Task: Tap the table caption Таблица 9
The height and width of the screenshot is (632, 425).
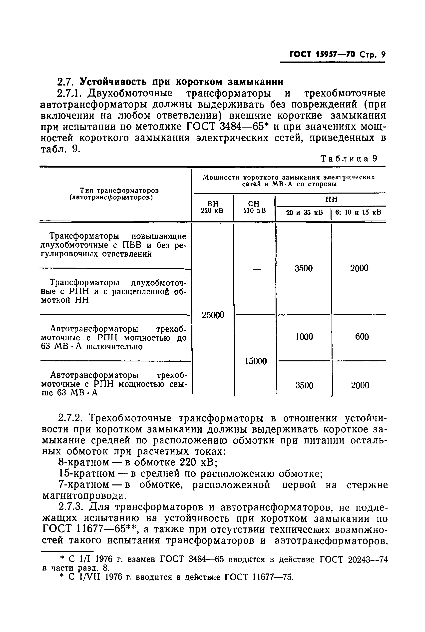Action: (x=349, y=159)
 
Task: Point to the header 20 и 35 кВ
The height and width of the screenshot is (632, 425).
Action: (x=304, y=212)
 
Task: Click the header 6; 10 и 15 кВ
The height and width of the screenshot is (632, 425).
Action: (x=358, y=212)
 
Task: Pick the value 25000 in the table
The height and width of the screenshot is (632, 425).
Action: (x=213, y=315)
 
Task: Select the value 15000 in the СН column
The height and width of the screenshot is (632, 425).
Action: (x=256, y=361)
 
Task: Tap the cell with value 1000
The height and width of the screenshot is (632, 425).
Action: (x=304, y=337)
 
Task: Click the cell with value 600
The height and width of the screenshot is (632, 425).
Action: (x=362, y=337)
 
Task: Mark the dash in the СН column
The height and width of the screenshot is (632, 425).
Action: (x=256, y=269)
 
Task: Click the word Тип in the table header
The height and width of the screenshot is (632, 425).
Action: (x=86, y=191)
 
